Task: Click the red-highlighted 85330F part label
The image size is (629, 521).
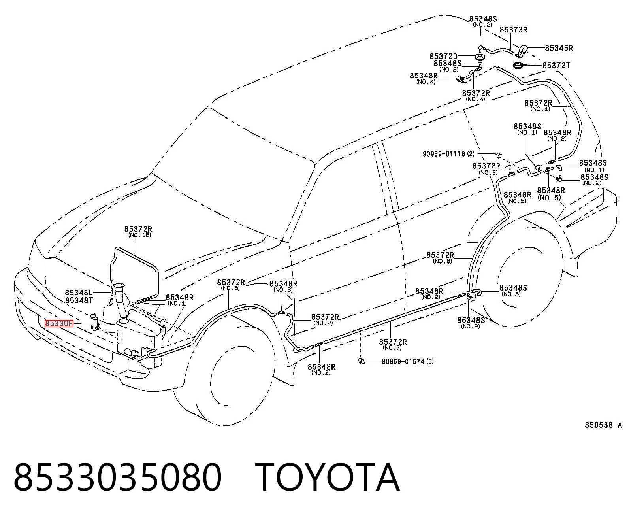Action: pyautogui.click(x=59, y=323)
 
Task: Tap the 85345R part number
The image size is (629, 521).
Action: pyautogui.click(x=559, y=48)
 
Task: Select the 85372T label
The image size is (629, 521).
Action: pyautogui.click(x=556, y=66)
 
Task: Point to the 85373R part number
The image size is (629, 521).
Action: pyautogui.click(x=514, y=30)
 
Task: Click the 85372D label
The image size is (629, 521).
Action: pyautogui.click(x=443, y=57)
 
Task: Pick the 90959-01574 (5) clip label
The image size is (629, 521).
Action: pyautogui.click(x=408, y=361)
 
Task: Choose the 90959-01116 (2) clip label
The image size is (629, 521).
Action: pyautogui.click(x=448, y=154)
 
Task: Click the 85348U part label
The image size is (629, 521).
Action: pyautogui.click(x=79, y=293)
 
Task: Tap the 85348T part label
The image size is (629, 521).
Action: pyautogui.click(x=79, y=300)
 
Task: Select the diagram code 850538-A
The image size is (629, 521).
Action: pyautogui.click(x=603, y=425)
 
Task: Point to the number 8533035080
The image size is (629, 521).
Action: pyautogui.click(x=118, y=478)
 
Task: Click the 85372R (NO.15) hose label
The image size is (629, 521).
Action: pyautogui.click(x=138, y=232)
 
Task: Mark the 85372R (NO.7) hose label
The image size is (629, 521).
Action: pyautogui.click(x=393, y=345)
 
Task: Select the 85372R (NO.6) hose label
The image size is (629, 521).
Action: pyautogui.click(x=441, y=258)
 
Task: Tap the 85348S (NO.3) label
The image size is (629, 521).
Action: pyautogui.click(x=513, y=291)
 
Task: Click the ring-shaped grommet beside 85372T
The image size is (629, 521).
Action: pyautogui.click(x=518, y=65)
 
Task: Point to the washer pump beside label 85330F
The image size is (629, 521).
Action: pyautogui.click(x=95, y=322)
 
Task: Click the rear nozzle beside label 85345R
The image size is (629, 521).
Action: pyautogui.click(x=522, y=50)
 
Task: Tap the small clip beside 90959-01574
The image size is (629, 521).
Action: pyautogui.click(x=361, y=360)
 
